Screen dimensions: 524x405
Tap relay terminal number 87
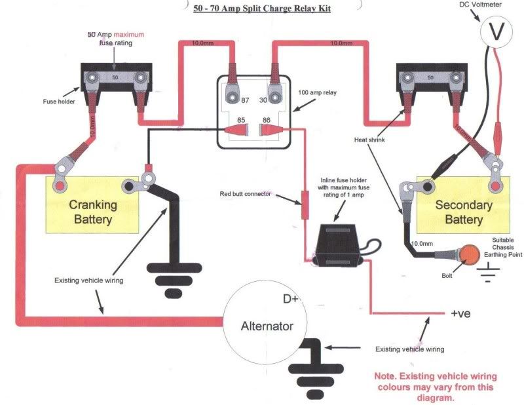click(x=245, y=100)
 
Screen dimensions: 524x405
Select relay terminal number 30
click(x=263, y=100)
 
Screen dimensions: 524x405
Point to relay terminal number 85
click(x=241, y=120)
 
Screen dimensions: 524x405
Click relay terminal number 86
click(x=267, y=120)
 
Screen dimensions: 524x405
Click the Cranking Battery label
click(x=93, y=212)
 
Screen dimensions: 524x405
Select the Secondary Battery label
click(x=464, y=212)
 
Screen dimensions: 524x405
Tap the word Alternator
click(x=267, y=326)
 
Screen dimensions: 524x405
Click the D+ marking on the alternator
click(x=290, y=299)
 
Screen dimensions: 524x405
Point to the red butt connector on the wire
click(x=305, y=204)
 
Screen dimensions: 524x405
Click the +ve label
click(x=461, y=314)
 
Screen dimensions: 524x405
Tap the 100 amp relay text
click(x=317, y=92)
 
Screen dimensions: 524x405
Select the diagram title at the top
click(x=262, y=9)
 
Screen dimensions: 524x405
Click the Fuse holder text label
click(x=59, y=102)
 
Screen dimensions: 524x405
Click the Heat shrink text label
click(x=369, y=140)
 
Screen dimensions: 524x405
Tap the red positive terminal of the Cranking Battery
click(x=60, y=185)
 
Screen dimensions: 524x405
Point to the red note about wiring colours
click(x=436, y=387)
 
